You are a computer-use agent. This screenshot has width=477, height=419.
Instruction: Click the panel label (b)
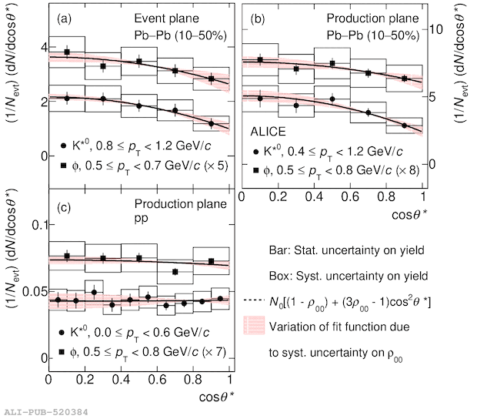[260, 18]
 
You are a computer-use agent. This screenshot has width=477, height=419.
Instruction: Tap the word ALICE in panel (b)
[269, 133]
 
